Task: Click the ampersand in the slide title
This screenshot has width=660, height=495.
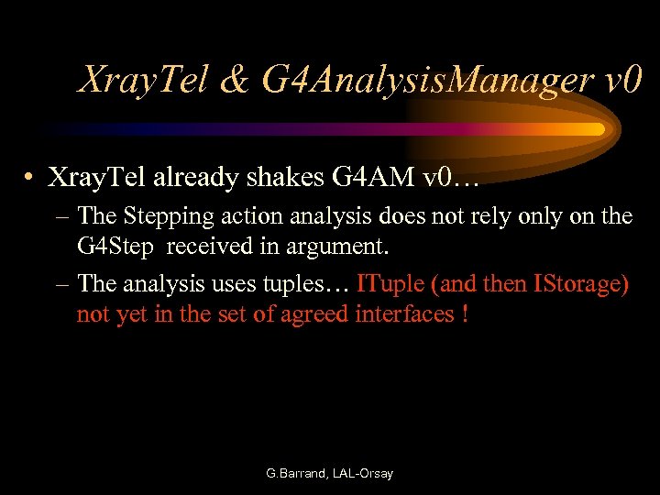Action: (235, 82)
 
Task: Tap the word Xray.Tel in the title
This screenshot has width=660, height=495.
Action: (147, 82)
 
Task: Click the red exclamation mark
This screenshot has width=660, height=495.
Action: (467, 313)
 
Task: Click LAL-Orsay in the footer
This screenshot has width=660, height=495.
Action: (364, 474)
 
